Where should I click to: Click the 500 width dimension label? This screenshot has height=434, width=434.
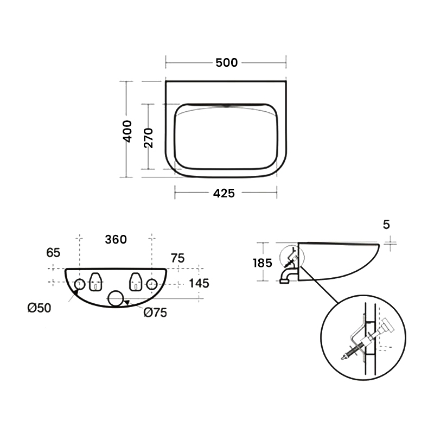[x=226, y=62]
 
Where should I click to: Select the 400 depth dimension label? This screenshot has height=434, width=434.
[x=127, y=131]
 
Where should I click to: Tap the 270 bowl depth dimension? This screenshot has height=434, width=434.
[x=148, y=138]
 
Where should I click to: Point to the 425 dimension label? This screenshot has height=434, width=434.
[x=224, y=193]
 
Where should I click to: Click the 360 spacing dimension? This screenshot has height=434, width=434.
[x=116, y=239]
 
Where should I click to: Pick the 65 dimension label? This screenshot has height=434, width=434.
[x=53, y=252]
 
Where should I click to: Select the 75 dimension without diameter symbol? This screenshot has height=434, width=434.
[x=177, y=258]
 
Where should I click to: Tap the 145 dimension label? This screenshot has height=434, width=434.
[x=199, y=283]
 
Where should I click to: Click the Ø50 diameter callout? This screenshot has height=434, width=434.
[x=39, y=308]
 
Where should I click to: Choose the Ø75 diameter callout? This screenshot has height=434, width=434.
[x=155, y=312]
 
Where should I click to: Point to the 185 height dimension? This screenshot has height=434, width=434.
[x=263, y=263]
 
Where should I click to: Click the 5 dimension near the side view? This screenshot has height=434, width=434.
[x=386, y=224]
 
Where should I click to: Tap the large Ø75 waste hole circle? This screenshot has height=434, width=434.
[x=116, y=291]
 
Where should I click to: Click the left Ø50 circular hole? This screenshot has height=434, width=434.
[x=79, y=279]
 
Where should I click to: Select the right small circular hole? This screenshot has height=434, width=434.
[x=152, y=279]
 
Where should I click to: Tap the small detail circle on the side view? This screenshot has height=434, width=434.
[x=280, y=257]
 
